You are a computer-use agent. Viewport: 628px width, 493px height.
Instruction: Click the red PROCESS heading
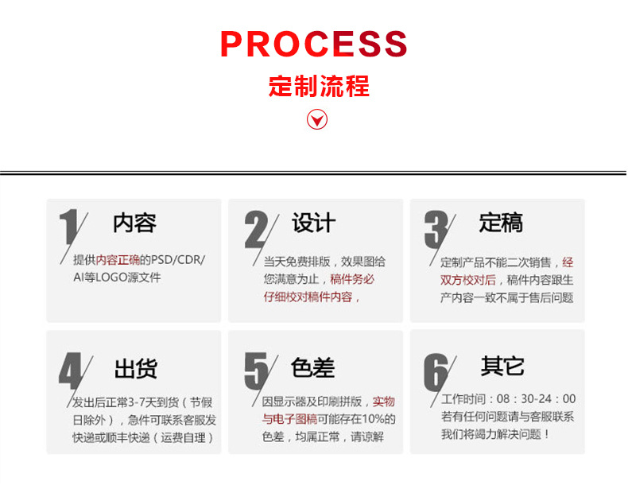coord(313,45)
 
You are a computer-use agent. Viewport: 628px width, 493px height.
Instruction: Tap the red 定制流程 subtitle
coord(319,86)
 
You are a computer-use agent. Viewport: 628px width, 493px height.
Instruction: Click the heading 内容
coord(134,223)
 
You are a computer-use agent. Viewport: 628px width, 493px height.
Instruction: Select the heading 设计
coord(313,223)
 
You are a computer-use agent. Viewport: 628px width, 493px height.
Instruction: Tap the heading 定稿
coord(501,223)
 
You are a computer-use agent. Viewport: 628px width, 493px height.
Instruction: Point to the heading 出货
coord(136,369)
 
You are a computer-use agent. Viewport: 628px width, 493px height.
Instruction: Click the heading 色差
coord(313,368)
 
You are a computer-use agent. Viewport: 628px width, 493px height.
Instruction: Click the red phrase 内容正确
coord(118,260)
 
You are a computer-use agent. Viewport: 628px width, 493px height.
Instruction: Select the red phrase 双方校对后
coord(468,279)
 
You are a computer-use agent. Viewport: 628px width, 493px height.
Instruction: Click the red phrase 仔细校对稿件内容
coord(308,297)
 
